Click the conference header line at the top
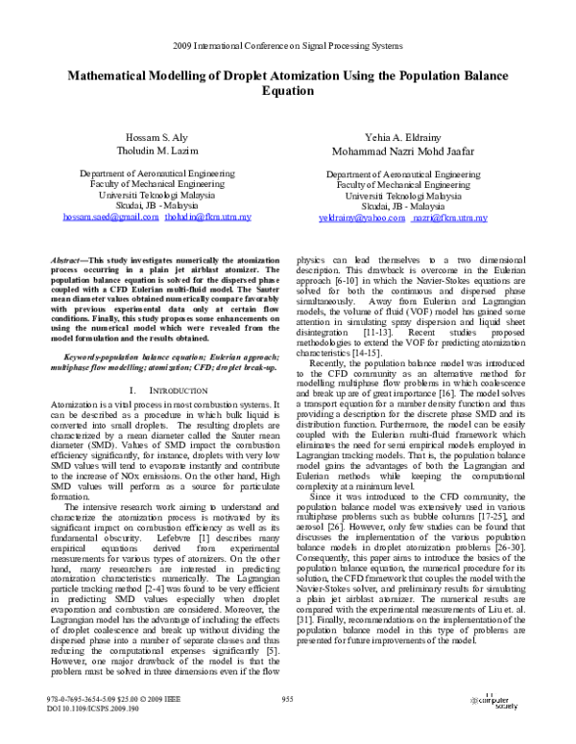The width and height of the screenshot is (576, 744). pos(288,46)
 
